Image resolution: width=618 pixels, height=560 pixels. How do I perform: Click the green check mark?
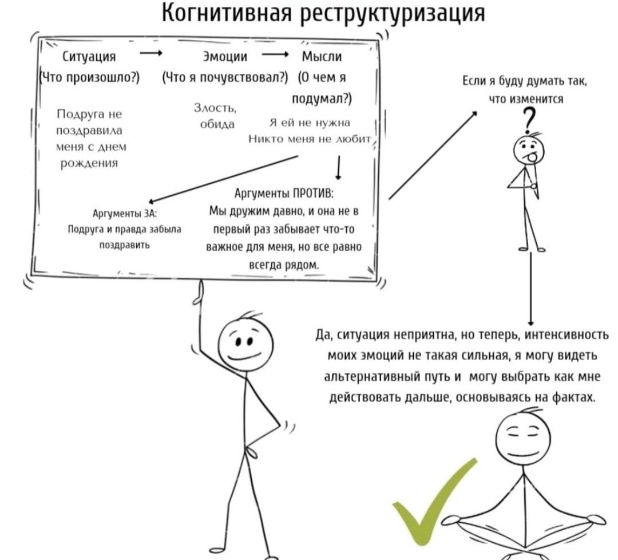pyautogui.click(x=433, y=502)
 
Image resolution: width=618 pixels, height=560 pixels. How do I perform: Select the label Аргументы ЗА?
pyautogui.click(x=124, y=214)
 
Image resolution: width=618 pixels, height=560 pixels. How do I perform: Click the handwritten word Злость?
pyautogui.click(x=213, y=108)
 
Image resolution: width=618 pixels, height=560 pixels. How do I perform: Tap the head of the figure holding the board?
pyautogui.click(x=244, y=344)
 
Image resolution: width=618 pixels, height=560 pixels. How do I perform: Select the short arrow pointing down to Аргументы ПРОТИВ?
pyautogui.click(x=339, y=168)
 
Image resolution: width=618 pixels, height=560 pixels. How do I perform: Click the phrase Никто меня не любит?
pyautogui.click(x=310, y=139)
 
